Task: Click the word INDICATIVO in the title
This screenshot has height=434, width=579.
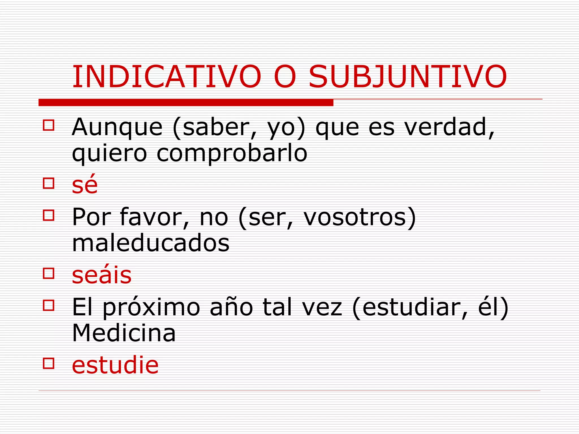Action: point(167,77)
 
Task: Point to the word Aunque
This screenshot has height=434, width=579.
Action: point(117,127)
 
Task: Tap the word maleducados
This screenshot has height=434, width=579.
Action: point(151,243)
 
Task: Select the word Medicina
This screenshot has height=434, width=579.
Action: point(124,333)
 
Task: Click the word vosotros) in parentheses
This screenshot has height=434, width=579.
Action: point(360,217)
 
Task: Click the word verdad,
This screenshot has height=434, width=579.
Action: point(450,127)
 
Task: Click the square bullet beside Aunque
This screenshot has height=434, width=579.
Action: point(49,125)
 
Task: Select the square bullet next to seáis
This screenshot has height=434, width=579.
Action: point(49,273)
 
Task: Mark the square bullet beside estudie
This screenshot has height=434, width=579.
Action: point(49,363)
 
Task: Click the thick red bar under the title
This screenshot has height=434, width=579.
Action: point(186,103)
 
